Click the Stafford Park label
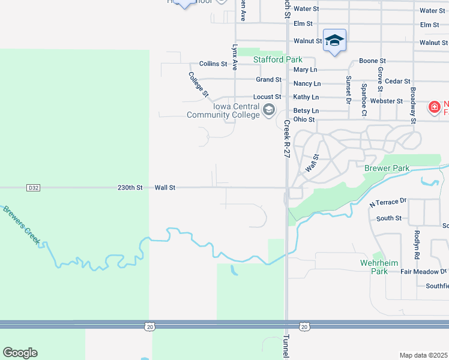tap(277, 59)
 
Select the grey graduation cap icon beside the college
tap(268, 109)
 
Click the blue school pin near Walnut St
tap(334, 41)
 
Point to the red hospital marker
tap(433, 107)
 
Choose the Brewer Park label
tap(387, 169)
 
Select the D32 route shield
tap(33, 188)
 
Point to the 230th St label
tap(130, 188)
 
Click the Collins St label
tap(213, 64)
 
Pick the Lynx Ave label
tap(235, 57)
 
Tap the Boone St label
tap(372, 61)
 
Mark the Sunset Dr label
tap(348, 89)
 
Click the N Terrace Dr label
tap(388, 203)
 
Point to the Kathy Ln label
tap(306, 97)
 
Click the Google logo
tap(20, 353)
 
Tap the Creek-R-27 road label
tap(287, 139)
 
